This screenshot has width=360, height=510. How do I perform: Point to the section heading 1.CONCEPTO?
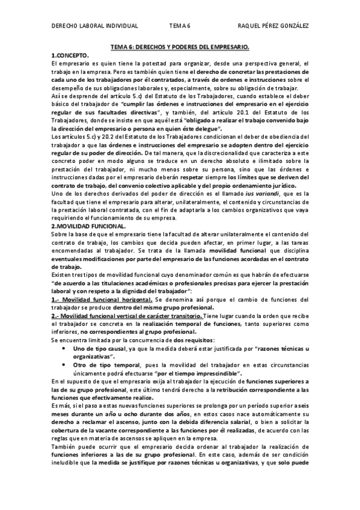(70, 55)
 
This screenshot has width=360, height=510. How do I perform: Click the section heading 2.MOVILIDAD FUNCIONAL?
(88, 209)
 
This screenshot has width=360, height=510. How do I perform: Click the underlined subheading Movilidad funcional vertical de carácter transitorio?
(127, 316)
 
